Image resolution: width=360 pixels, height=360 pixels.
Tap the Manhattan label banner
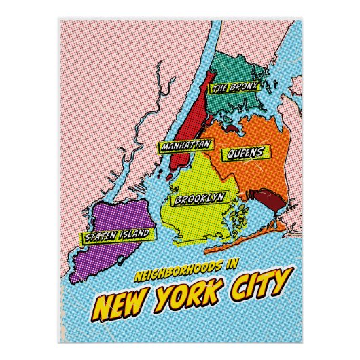tap(185, 145)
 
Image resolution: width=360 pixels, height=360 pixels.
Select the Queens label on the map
tap(245, 153)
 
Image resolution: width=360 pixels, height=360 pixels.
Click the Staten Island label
tap(116, 236)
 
